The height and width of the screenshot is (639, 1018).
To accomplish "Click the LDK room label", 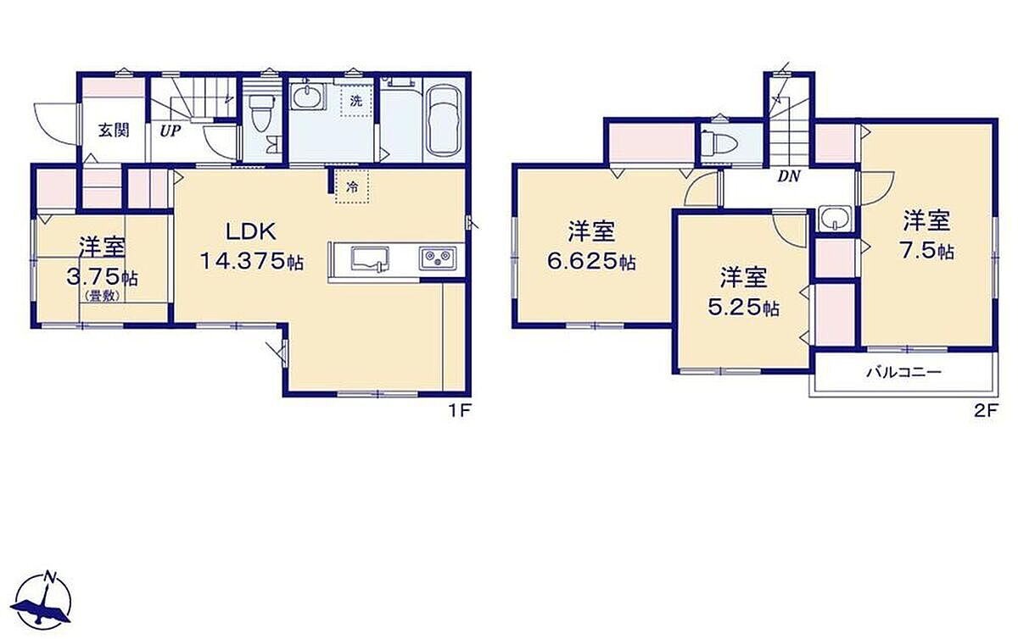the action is click(x=251, y=231).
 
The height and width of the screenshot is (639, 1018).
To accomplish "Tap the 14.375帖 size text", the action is click(x=252, y=261).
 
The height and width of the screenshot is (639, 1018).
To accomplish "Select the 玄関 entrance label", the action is click(x=114, y=131).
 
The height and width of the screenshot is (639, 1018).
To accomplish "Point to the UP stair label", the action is click(x=170, y=131).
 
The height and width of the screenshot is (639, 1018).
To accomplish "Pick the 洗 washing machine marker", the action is click(x=355, y=101).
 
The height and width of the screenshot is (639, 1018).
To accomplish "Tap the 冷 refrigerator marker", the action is click(x=352, y=187).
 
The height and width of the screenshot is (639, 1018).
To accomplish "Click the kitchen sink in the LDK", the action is click(x=371, y=260).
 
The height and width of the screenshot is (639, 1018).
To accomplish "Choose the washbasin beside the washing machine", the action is click(x=307, y=97).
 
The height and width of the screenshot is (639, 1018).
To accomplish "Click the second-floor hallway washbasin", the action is click(x=835, y=218).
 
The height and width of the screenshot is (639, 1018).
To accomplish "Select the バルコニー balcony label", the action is click(x=903, y=373).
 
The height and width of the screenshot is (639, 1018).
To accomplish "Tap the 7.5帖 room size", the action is click(x=927, y=250).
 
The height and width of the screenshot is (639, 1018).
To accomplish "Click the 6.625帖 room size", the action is click(x=590, y=262).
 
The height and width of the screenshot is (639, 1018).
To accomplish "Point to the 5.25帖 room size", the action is click(x=743, y=308).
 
